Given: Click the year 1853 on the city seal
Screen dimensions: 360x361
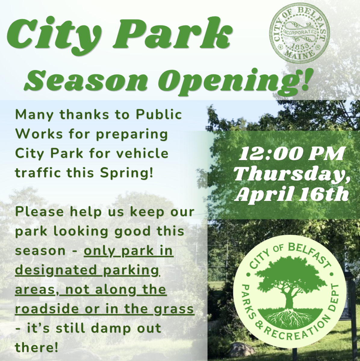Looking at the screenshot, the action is (x=300, y=46).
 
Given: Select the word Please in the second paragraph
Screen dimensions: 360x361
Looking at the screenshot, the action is (x=39, y=212).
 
